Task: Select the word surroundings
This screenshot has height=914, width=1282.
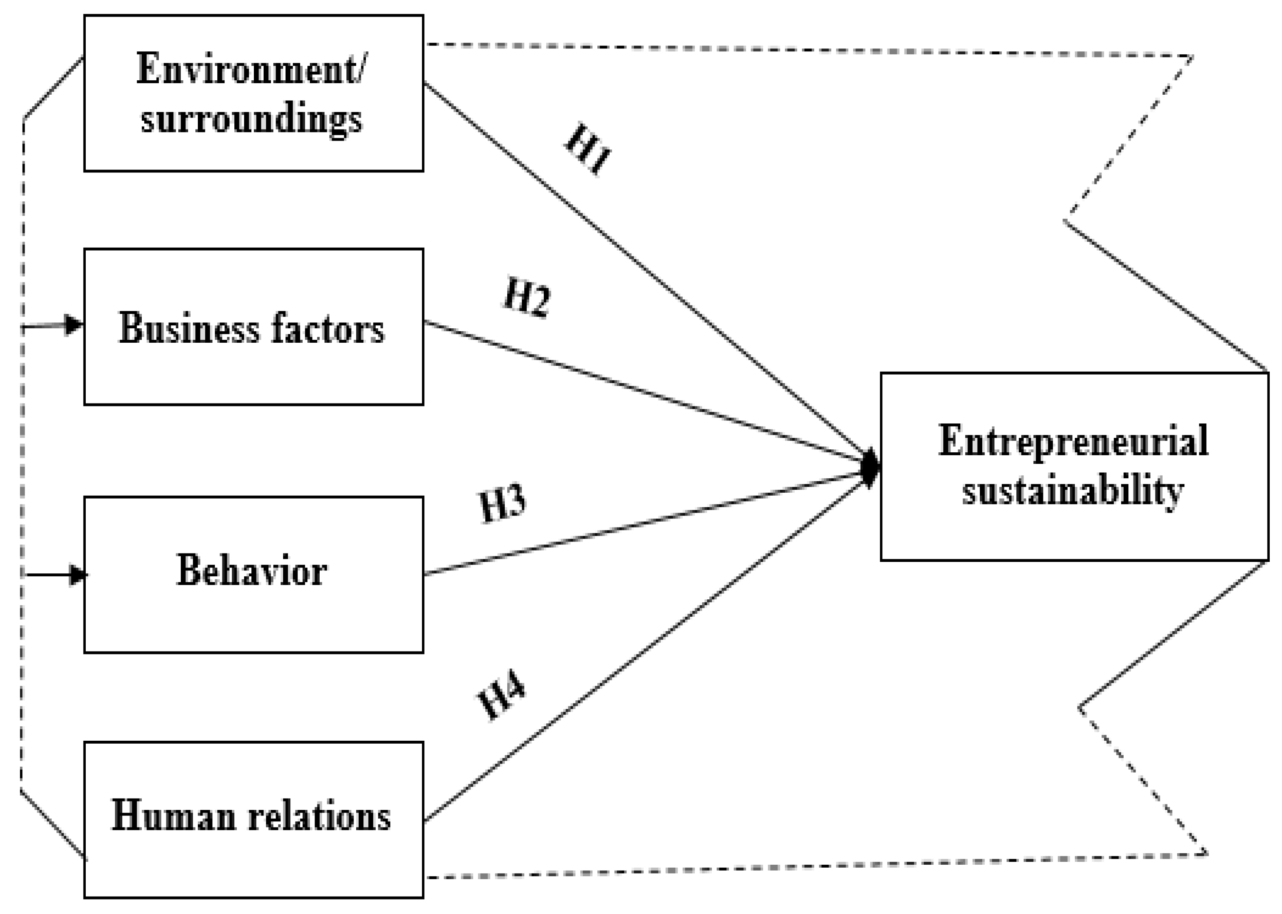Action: [251, 119]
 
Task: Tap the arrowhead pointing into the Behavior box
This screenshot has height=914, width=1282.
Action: [78, 575]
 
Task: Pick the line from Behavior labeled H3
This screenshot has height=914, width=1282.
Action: [647, 523]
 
